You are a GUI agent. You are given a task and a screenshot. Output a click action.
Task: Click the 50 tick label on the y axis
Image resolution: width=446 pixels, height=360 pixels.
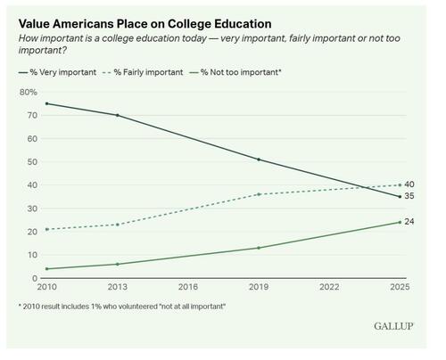click(31, 162)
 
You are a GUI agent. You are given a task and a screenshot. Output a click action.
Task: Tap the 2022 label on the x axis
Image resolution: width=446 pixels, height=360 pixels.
click(328, 288)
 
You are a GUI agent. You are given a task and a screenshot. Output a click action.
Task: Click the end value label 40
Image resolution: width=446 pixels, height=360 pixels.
click(409, 184)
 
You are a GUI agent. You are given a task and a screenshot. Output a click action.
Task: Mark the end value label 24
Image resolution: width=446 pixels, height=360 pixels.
click(409, 222)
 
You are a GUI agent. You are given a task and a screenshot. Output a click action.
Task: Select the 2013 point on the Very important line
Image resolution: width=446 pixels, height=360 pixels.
click(117, 115)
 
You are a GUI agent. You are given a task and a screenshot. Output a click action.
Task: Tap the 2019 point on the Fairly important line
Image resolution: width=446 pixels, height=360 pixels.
click(259, 194)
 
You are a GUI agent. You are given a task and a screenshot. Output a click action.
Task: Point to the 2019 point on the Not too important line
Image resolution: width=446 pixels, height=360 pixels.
click(259, 248)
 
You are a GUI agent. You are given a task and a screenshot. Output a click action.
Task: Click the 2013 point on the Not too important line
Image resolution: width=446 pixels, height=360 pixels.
click(117, 264)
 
